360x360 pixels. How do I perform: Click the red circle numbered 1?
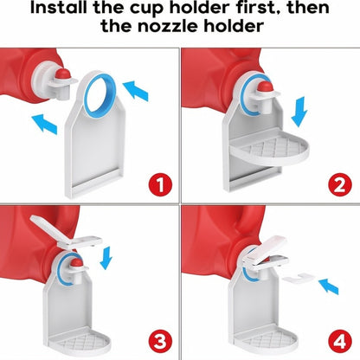(x=157, y=183)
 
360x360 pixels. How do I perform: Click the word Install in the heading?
(x=57, y=11)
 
